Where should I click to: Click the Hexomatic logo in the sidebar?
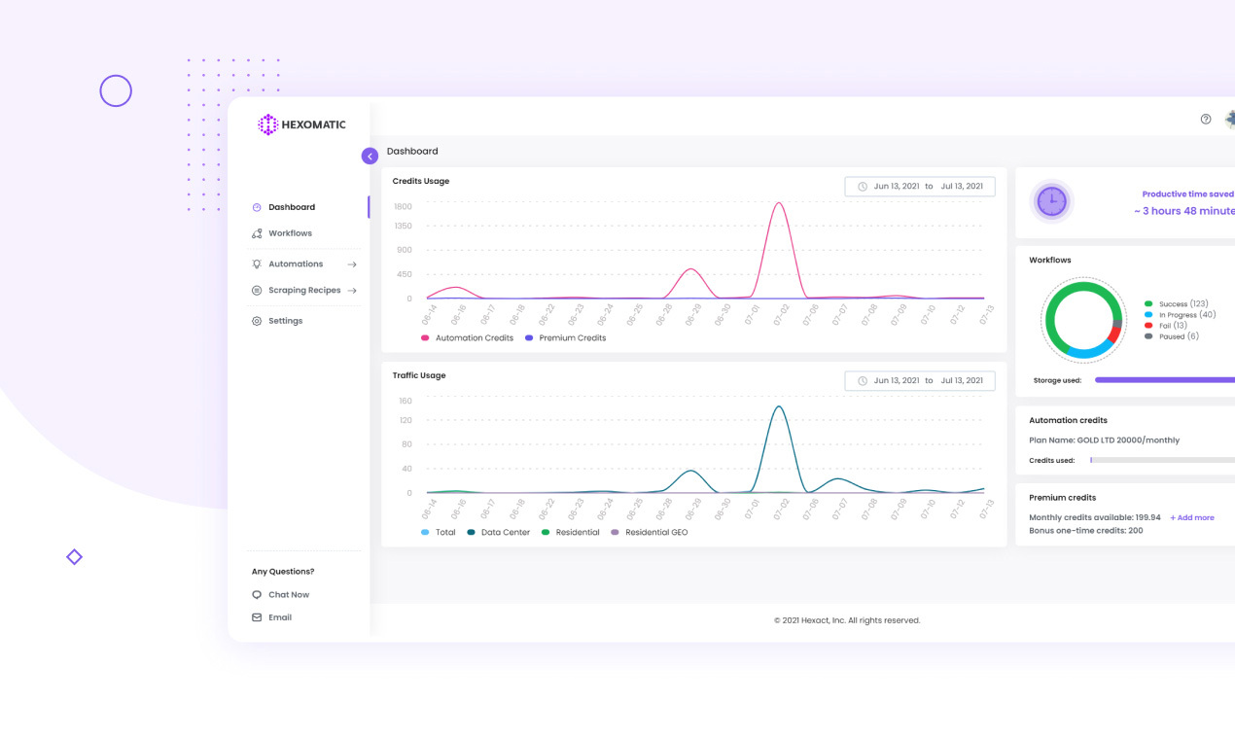(x=301, y=124)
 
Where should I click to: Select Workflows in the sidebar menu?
(x=290, y=233)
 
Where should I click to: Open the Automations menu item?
(x=296, y=264)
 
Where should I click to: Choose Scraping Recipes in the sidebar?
(x=304, y=291)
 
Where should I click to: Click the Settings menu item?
(x=285, y=321)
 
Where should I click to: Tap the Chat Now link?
(x=288, y=595)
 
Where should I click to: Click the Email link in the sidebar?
(x=279, y=617)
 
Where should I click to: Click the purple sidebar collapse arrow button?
(x=370, y=156)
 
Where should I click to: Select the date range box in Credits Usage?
(x=919, y=187)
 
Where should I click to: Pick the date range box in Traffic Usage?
(x=919, y=381)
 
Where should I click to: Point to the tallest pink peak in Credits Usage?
(x=778, y=203)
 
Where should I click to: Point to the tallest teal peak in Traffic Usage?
(x=778, y=406)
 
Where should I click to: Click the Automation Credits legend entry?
(x=474, y=338)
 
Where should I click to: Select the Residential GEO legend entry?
(x=655, y=533)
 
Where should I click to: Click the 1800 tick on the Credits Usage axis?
(x=403, y=206)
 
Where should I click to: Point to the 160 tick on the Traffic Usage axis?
(x=405, y=401)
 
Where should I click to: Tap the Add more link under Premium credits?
(x=1192, y=518)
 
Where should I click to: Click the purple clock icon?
(x=1051, y=202)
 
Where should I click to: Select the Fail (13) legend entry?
(x=1173, y=326)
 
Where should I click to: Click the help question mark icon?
(x=1206, y=120)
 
